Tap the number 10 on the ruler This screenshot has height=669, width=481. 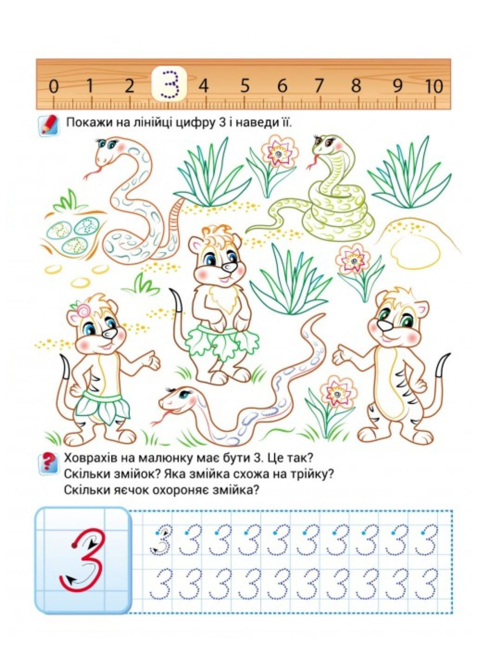pos(434,86)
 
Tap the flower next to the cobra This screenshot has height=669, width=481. pos(279,153)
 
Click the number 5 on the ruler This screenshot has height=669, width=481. pos(244,85)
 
